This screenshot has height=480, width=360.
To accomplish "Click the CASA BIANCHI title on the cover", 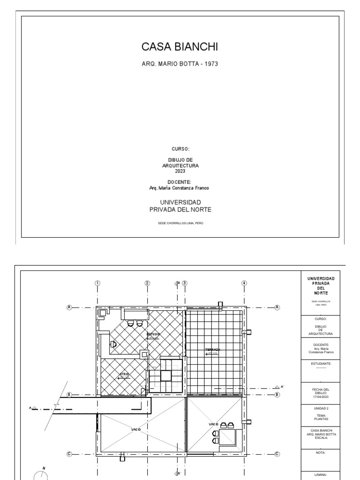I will (180, 47).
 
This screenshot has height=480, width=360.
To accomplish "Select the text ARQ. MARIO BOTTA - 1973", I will (180, 63).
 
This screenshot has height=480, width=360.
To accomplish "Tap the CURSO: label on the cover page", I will (180, 149).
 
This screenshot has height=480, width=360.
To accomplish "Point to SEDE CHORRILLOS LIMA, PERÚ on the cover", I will (180, 223).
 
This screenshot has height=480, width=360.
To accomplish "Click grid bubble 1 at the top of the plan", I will (97, 283).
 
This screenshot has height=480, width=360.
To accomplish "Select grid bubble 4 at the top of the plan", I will (244, 283).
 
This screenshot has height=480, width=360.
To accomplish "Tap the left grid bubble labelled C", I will (69, 454).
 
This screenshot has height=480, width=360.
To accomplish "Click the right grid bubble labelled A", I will (277, 307).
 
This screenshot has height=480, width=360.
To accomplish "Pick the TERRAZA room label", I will (212, 350).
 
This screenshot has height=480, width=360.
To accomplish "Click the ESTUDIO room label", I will (153, 334).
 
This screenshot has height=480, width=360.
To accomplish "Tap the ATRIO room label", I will (124, 374).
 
